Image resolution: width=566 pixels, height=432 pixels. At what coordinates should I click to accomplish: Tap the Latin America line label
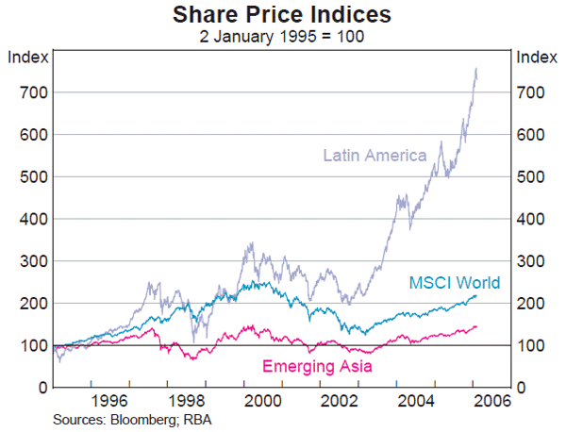pyautogui.click(x=375, y=155)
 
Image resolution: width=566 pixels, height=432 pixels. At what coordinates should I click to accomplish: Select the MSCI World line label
pyautogui.click(x=454, y=283)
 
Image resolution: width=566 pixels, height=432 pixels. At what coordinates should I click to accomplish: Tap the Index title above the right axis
pyautogui.click(x=537, y=57)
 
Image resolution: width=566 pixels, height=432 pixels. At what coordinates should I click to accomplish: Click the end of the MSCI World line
pyautogui.click(x=476, y=295)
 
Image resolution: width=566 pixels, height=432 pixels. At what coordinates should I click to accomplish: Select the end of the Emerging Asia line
pyautogui.click(x=476, y=326)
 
